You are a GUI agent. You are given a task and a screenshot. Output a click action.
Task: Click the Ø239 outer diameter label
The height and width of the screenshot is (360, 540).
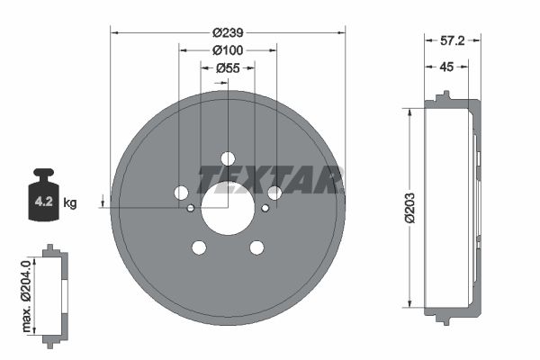(x=228, y=31)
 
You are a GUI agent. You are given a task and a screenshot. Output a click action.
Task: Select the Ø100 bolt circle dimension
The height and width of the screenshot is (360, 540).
(x=228, y=49)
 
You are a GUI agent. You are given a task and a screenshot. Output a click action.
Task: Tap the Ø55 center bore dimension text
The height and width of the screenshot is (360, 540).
(x=228, y=67)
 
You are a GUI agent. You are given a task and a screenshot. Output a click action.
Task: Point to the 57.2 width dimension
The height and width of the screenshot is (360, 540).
(x=452, y=41)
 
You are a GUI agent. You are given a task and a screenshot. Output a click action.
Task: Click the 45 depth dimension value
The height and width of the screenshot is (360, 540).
(x=446, y=67)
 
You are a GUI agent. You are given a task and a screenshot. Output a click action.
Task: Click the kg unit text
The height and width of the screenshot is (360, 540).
(x=70, y=203)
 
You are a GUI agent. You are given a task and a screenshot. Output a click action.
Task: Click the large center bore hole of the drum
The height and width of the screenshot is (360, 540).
(x=228, y=208)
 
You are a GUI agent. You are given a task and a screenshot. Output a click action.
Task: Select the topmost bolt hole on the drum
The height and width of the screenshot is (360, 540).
(x=228, y=158)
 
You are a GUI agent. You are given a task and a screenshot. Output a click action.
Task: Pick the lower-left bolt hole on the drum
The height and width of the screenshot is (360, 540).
(x=199, y=247)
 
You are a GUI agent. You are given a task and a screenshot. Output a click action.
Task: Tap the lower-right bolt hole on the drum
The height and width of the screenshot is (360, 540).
(x=256, y=247)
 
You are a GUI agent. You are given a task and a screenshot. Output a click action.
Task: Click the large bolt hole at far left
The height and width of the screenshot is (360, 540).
(x=181, y=193)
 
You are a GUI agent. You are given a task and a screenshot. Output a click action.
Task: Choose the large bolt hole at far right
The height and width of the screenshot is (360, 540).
(x=274, y=193)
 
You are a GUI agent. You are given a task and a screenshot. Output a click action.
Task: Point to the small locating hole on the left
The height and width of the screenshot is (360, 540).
(x=191, y=209)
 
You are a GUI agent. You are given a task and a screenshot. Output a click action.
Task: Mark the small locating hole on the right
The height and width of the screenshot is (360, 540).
(x=265, y=209)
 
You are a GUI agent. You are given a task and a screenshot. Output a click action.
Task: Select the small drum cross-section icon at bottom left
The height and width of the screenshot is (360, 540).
(x=55, y=294)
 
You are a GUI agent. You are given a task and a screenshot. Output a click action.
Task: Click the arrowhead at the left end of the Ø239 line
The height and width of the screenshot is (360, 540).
(x=113, y=32)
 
